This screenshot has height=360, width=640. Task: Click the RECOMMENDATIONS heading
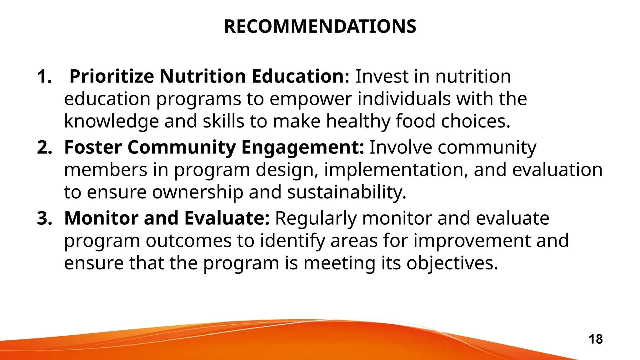320,27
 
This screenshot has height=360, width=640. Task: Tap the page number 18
596,339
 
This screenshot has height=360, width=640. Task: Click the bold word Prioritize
112,77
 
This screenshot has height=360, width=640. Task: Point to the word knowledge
111,122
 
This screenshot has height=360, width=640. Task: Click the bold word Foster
93,147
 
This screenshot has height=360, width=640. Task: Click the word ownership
197,192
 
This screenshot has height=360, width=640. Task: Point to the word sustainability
347,192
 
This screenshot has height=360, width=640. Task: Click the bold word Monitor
101,218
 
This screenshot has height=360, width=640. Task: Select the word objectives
452,263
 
